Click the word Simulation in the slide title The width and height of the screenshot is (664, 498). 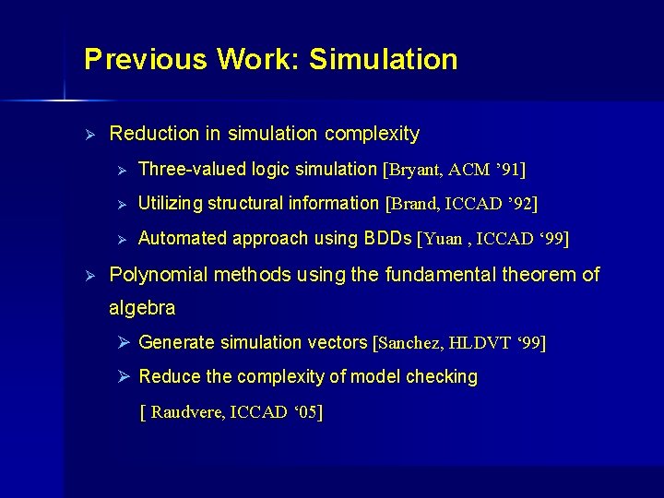point(384,60)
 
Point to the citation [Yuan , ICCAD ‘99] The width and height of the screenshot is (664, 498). point(493,239)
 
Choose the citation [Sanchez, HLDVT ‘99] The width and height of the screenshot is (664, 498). point(458,343)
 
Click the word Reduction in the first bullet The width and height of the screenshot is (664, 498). point(153,135)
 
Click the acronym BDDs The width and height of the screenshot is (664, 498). point(388,238)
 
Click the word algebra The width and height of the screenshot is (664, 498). point(142,306)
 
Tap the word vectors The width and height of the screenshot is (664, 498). point(339,342)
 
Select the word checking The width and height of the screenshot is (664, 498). point(446,377)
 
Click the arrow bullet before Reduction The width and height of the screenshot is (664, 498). point(89,135)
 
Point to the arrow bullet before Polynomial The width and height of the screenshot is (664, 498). point(89,275)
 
